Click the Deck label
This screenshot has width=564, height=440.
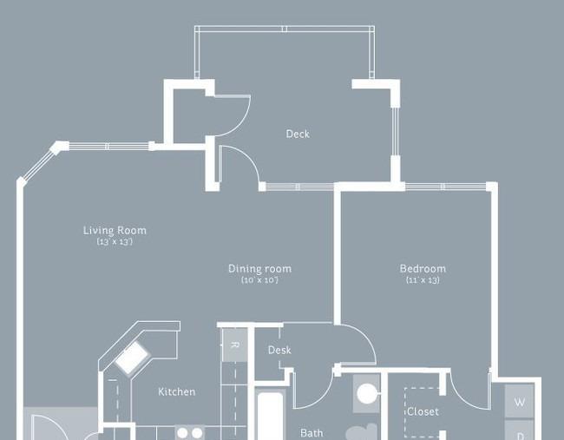tap(298, 134)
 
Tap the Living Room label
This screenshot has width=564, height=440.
tap(115, 230)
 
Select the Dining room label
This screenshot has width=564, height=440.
tap(259, 268)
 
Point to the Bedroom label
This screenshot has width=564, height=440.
tap(423, 268)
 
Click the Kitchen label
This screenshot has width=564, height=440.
tap(177, 391)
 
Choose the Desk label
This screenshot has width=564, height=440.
tap(279, 350)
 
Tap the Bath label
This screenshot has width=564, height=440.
tap(312, 433)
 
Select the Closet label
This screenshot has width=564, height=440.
tap(423, 411)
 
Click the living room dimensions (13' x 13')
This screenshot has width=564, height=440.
tap(115, 241)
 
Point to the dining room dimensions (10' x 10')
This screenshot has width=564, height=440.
tap(259, 280)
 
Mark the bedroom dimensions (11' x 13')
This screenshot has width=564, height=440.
tap(423, 280)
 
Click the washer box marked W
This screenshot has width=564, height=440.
tap(519, 401)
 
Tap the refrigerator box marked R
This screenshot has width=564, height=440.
tap(234, 345)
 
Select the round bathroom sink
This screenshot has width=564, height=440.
tap(367, 394)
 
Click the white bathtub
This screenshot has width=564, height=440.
tap(271, 417)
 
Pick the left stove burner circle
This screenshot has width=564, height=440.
tap(183, 433)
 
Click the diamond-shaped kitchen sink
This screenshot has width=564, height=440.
tap(133, 357)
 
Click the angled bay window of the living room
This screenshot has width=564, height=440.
tap(38, 162)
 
